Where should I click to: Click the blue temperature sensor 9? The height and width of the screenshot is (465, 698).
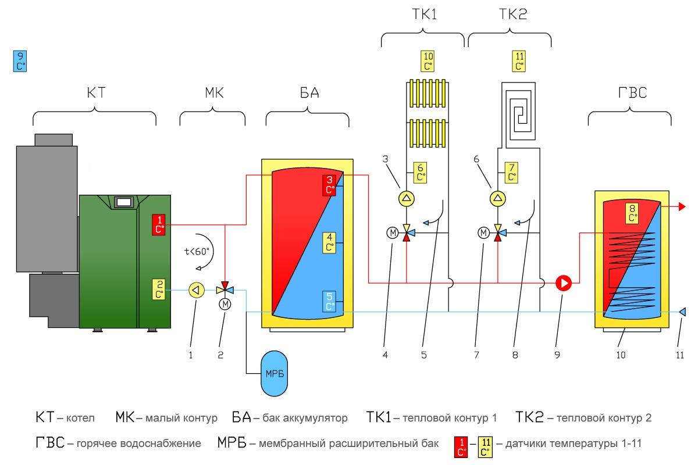click(x=20, y=61)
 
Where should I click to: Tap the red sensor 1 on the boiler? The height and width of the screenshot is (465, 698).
click(x=159, y=224)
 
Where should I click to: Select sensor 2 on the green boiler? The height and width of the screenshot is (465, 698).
click(x=159, y=289)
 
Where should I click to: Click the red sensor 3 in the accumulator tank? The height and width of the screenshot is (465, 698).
click(x=330, y=184)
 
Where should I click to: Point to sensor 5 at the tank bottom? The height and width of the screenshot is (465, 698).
click(x=330, y=302)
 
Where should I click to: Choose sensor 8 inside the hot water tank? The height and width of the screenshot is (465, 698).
click(x=632, y=213)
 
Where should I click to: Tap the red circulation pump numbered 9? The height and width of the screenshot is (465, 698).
click(x=564, y=283)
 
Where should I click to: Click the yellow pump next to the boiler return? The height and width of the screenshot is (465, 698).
click(x=197, y=289)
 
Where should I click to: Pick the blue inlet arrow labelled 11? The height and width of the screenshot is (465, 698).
click(x=682, y=313)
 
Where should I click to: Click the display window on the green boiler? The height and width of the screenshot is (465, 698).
click(x=123, y=202)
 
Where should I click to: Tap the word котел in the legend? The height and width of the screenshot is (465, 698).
click(x=82, y=418)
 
